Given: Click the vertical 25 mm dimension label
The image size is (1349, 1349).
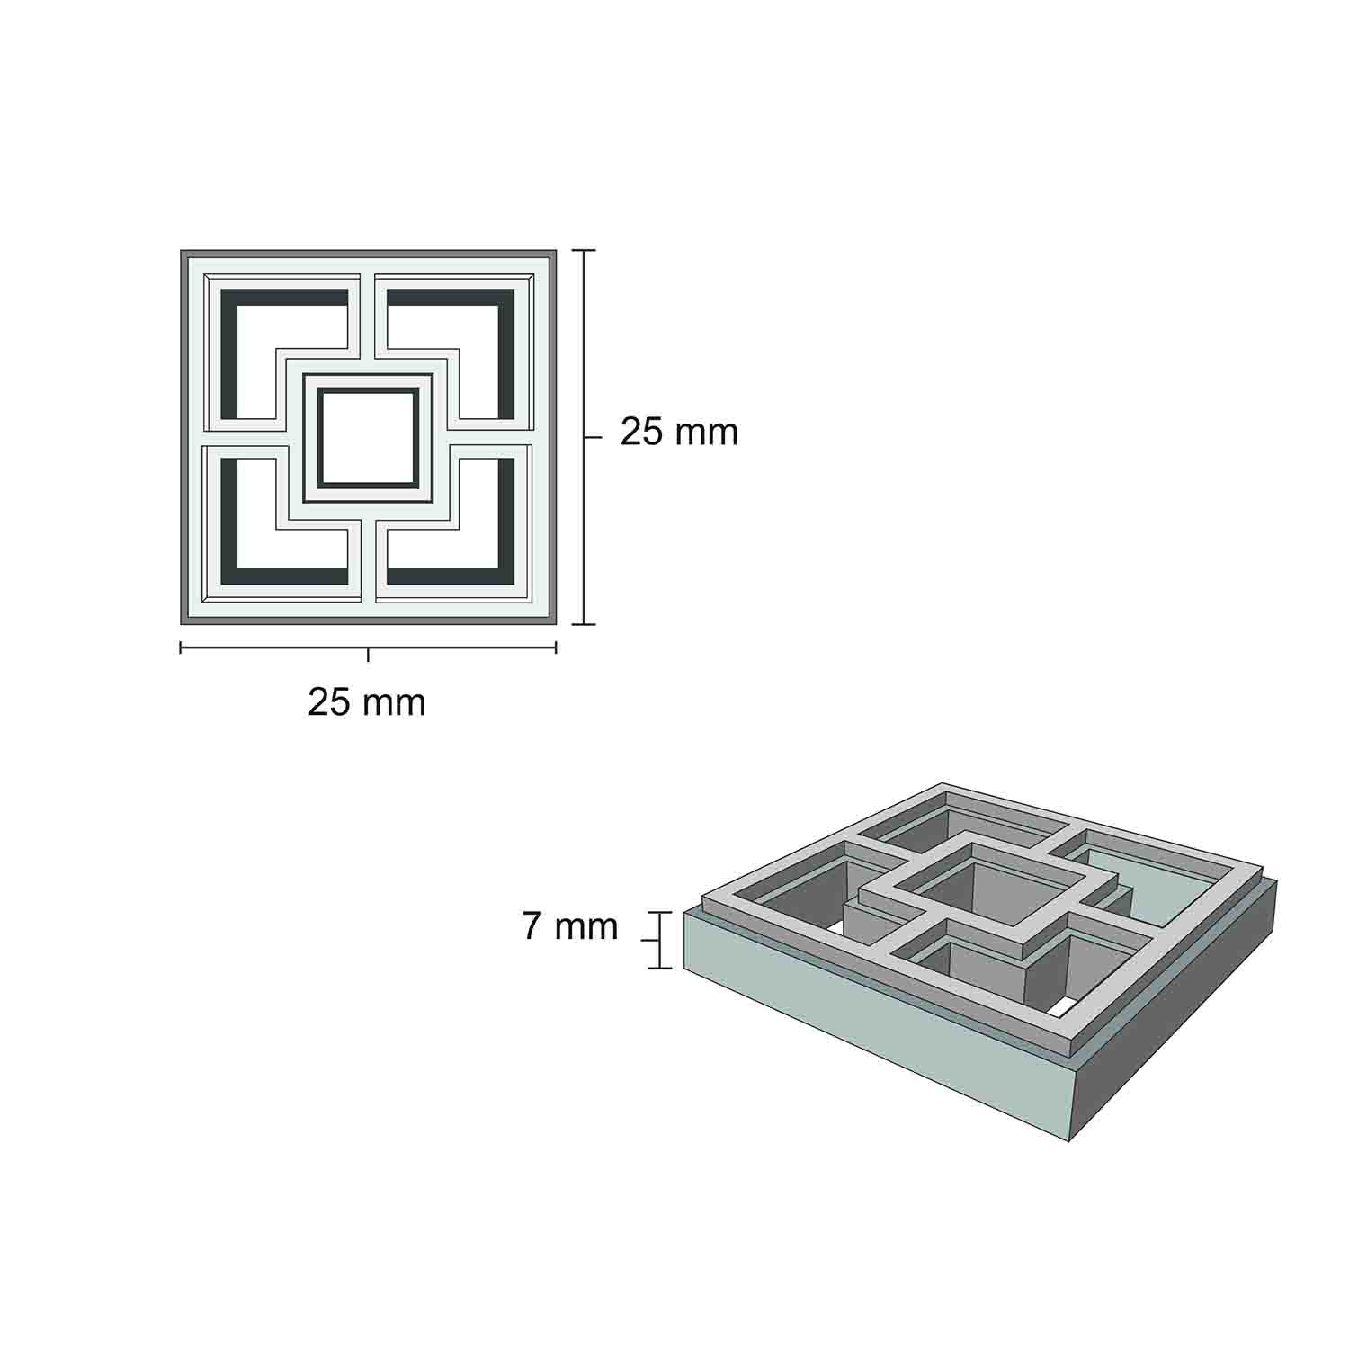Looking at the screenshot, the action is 679,433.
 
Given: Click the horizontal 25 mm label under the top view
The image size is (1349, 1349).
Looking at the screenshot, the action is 367,701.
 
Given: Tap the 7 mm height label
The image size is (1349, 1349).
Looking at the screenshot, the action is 570,926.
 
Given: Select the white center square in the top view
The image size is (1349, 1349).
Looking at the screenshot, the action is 368,438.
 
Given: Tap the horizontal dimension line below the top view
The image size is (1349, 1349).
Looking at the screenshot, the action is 368,648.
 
